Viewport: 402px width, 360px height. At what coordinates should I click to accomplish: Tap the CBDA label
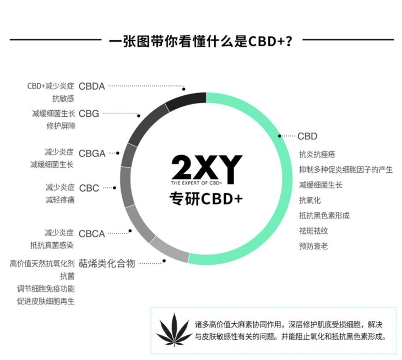coord(91,86)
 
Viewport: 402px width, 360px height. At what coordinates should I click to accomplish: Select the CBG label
coord(89,113)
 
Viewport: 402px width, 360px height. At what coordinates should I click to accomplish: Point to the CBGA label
coord(92,153)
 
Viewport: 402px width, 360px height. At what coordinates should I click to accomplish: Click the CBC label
coord(89,188)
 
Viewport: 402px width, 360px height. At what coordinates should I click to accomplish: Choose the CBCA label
coord(91,234)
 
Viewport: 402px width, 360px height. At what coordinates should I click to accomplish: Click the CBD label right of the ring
coord(307,136)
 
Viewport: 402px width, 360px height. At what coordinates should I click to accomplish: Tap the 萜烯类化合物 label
coord(107,263)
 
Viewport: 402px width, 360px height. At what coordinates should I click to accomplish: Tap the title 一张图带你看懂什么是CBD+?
coord(200,41)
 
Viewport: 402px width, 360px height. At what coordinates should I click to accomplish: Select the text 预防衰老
coord(313,246)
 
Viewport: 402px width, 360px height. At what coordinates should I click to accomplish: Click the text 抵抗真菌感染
coord(52,245)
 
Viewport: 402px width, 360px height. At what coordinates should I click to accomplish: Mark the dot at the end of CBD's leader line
coord(280,136)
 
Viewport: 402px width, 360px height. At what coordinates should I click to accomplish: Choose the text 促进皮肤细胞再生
coord(46,301)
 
